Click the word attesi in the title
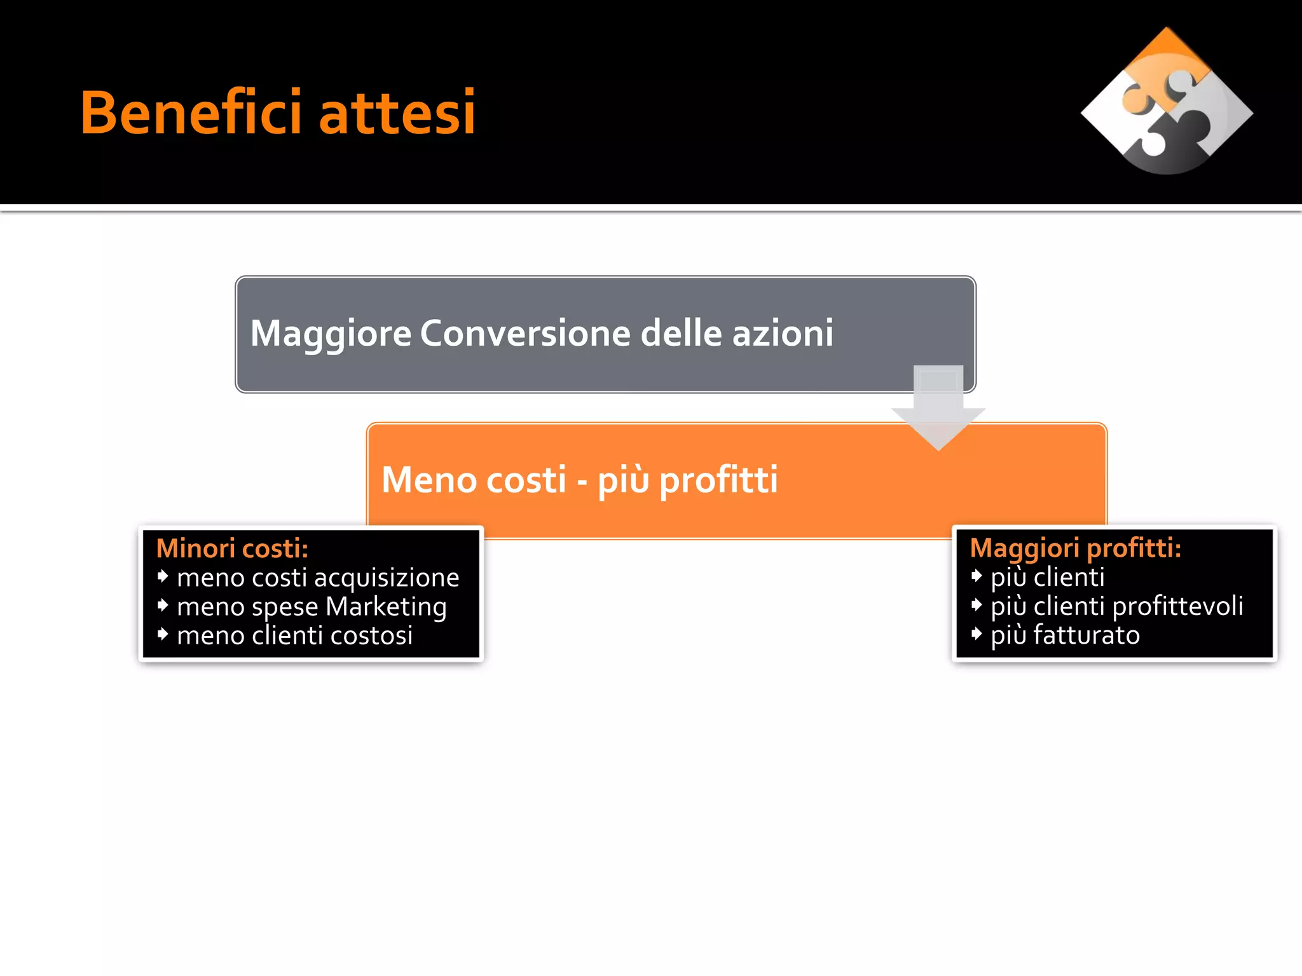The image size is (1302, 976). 397,114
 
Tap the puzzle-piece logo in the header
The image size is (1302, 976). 1167,102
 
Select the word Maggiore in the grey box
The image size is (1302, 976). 331,334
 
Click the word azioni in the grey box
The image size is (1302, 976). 783,333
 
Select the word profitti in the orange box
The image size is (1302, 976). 718,480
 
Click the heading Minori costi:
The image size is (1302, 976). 232,548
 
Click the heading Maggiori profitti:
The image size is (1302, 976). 1075,548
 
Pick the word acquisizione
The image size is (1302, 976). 387,578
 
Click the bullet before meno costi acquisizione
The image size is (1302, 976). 163,576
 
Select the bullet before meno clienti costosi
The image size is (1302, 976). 163,634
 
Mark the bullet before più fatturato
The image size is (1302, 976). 976,634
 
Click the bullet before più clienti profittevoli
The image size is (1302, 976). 976,605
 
